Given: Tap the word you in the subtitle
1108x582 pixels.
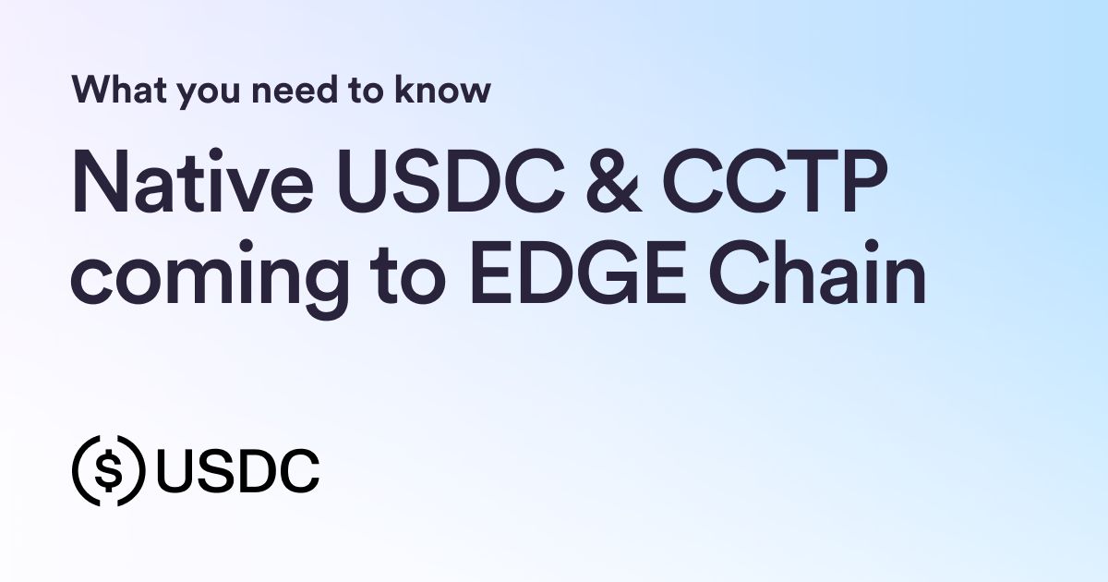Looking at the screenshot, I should (199, 93).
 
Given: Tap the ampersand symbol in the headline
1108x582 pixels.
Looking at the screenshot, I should (601, 185).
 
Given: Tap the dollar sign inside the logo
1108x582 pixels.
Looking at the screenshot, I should (110, 470).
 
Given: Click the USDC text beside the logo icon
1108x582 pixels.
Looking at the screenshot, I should (237, 470).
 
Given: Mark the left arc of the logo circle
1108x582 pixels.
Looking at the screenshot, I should (80, 470).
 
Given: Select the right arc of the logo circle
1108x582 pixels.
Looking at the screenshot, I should (139, 470).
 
